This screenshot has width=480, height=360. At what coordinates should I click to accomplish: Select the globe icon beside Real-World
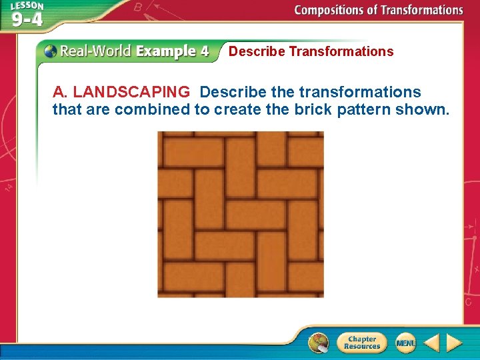[x=51, y=51]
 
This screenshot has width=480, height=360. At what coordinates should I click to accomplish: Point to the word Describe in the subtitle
[x=257, y=51]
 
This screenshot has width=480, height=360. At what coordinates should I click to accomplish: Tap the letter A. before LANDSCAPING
[x=60, y=92]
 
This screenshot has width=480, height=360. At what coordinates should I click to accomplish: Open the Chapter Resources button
[x=361, y=343]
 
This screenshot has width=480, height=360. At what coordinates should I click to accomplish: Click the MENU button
[x=405, y=343]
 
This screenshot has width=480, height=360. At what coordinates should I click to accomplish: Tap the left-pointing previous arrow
[x=431, y=343]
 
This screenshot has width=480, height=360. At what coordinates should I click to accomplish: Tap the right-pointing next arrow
[x=454, y=343]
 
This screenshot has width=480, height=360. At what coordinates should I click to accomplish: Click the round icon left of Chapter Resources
[x=319, y=343]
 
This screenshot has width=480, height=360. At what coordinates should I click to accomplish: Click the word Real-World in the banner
[x=95, y=51]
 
